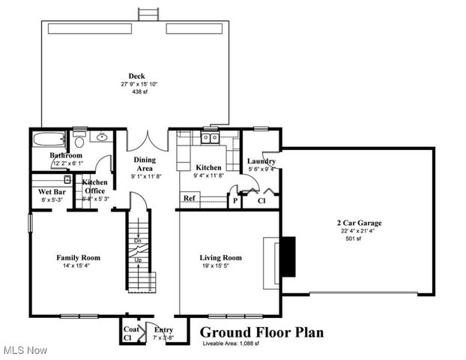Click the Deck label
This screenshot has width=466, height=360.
click(136, 76)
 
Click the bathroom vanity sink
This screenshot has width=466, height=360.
click(101, 136)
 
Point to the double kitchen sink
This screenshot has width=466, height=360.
click(208, 137)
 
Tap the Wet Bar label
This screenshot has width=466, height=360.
click(49, 191)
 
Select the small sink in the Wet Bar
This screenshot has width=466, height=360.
click(67, 180)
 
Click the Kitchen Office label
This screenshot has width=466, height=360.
click(94, 187)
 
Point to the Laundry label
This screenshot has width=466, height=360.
click(261, 161)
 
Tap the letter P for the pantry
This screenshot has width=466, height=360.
click(234, 200)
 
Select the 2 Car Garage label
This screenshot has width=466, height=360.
click(359, 223)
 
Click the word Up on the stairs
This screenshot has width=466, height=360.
click(138, 260)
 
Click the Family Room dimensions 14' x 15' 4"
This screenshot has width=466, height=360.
click(78, 265)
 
